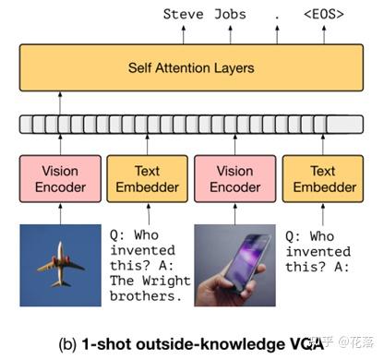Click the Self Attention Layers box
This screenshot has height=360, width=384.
point(191,68)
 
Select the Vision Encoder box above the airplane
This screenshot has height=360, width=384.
point(61,179)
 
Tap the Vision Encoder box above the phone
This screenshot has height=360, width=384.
point(234,179)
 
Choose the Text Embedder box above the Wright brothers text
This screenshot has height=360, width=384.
point(147,179)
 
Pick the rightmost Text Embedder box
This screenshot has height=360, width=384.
point(322,179)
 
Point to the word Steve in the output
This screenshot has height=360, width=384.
point(184,14)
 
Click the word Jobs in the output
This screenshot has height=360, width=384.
point(237,14)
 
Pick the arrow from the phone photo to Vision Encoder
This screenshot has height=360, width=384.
point(234,214)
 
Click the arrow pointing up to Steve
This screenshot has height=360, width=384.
point(184,34)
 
